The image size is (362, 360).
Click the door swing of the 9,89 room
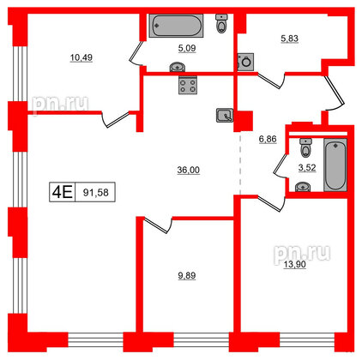point(157,225)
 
